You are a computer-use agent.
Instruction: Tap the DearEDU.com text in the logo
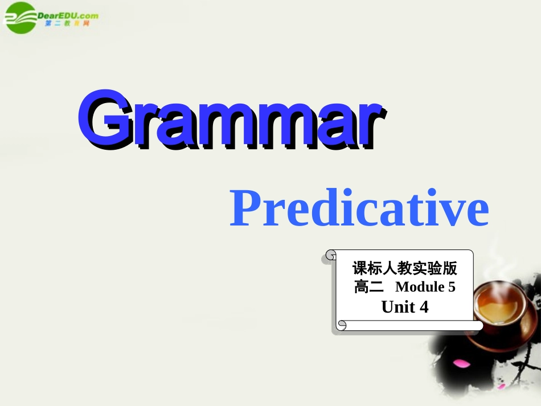pyautogui.click(x=67, y=16)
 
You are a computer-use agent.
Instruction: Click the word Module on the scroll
pyautogui.click(x=420, y=287)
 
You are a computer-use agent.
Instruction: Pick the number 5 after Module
pyautogui.click(x=452, y=287)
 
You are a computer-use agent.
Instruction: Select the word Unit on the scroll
pyautogui.click(x=397, y=307)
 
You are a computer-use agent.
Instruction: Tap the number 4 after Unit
pyautogui.click(x=423, y=307)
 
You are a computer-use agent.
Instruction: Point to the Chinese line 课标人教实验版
pyautogui.click(x=404, y=268)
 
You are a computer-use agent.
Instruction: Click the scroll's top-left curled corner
pyautogui.click(x=330, y=256)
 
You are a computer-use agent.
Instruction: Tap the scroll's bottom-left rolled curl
pyautogui.click(x=342, y=325)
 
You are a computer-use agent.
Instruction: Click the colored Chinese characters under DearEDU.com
pyautogui.click(x=67, y=24)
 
